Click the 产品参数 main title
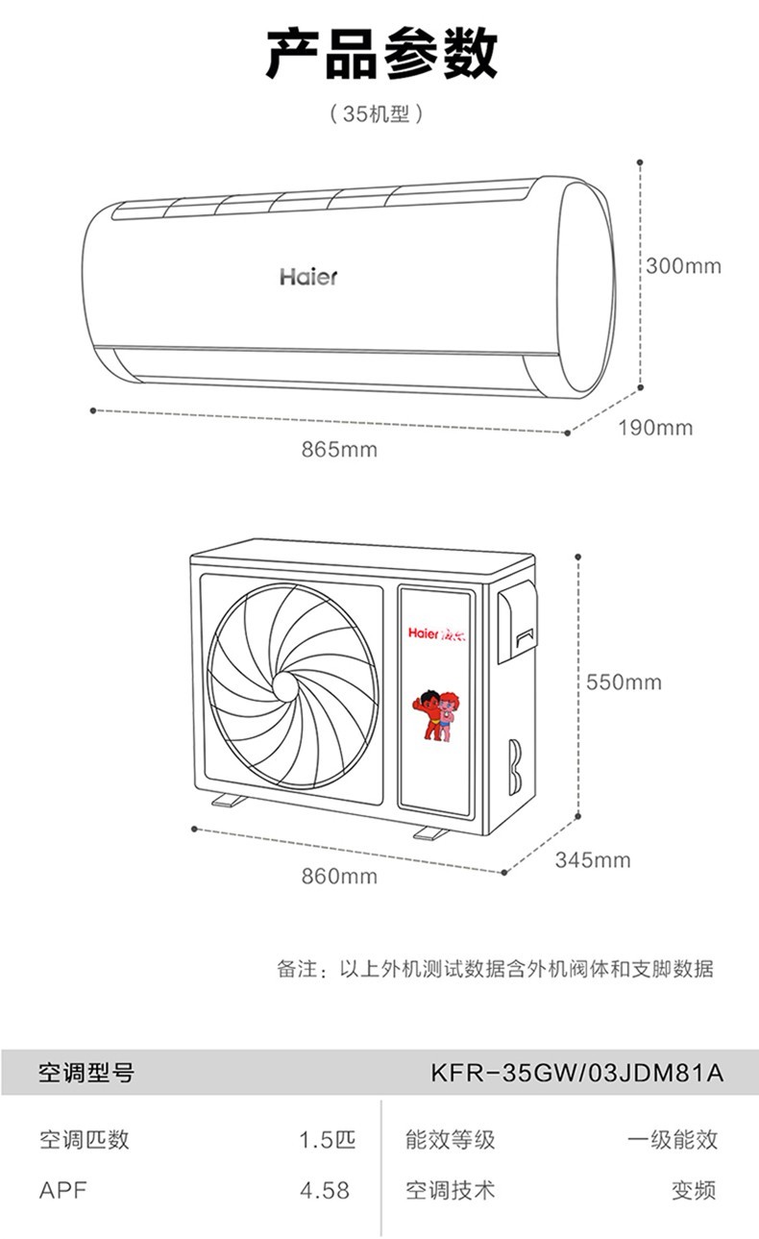pos(381,54)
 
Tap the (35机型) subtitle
pos(377,114)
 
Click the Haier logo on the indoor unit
pos(308,277)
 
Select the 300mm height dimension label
pos(683,266)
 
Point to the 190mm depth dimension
pos(655,428)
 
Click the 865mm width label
pos(339,450)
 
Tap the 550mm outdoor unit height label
pos(624,682)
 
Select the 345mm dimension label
pos(593,860)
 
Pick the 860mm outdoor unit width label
pos(339,877)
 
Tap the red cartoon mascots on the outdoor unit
pos(433,714)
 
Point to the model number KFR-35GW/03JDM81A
pos(576,1073)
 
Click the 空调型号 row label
pos(86,1073)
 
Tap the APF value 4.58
pos(325,1190)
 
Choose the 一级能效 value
pos(673,1139)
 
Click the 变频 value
pos(695,1190)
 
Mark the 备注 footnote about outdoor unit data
pos(496,969)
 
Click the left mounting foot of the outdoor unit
pos(229,800)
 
